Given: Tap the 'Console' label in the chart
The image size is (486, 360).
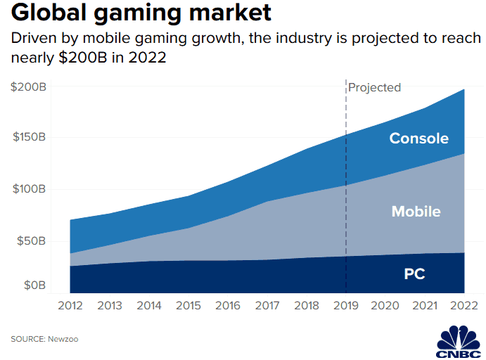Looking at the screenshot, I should (418, 139).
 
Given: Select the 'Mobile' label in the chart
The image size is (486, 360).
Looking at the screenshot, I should (416, 212).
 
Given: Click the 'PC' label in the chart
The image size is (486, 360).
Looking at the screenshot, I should (414, 274).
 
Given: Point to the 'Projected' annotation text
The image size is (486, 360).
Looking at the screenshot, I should (375, 88).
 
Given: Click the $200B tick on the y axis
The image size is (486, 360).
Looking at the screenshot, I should (29, 88).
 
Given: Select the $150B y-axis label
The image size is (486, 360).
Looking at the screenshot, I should (29, 137).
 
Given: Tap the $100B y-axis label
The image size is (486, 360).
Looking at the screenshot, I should (29, 189).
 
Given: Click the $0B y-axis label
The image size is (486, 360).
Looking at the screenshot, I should (34, 285).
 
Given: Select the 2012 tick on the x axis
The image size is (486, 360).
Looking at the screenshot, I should (70, 306).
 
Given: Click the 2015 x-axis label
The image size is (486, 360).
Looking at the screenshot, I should (188, 306).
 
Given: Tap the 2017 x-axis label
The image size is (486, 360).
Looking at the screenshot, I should (267, 306).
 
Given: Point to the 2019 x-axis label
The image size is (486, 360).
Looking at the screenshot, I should (345, 306).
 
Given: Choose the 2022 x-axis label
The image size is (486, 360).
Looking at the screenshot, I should (463, 306).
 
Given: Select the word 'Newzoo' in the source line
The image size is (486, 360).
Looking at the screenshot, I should (63, 339).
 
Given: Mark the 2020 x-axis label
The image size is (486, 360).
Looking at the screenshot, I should (385, 306).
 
